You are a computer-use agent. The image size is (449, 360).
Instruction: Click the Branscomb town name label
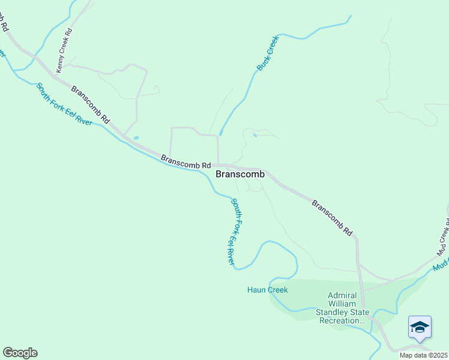pos(240,174)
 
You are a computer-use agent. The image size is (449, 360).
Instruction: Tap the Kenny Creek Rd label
pos(64,50)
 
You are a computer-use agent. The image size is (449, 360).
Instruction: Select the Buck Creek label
pos(268,53)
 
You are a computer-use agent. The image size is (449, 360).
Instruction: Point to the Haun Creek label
pos(268,290)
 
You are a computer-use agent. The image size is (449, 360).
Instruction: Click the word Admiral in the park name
pos(342,295)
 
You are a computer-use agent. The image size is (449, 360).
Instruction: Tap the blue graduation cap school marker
pos(420,328)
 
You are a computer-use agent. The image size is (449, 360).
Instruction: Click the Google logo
pos(20,353)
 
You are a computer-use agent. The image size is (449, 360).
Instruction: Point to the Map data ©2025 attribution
pos(424,355)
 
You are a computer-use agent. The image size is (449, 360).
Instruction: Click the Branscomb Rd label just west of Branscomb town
pos(186,161)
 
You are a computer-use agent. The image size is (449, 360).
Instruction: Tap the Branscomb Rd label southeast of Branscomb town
pos(332,217)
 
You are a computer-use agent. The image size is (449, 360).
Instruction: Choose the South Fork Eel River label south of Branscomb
pos(235,232)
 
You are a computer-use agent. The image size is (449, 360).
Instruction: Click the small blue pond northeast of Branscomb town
pos(255,136)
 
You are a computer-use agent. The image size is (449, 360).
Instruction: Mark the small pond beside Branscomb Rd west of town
pos(136,138)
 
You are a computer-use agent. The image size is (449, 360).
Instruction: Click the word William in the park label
pos(342,304)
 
